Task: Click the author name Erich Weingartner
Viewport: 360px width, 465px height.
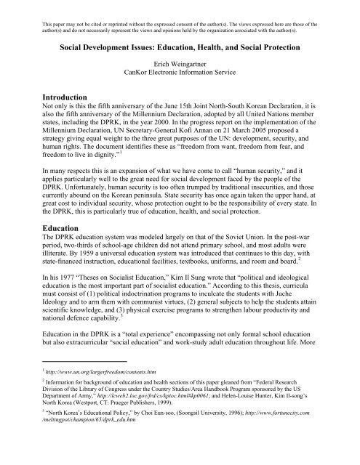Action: coord(180,64)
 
